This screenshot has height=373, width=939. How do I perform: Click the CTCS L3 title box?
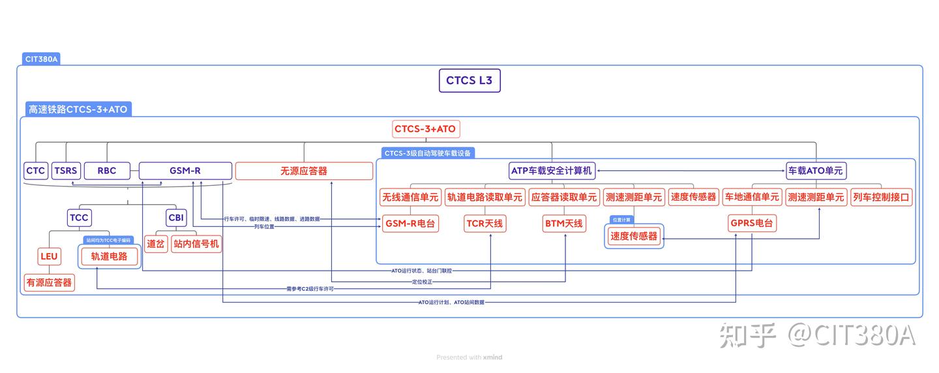tap(469, 81)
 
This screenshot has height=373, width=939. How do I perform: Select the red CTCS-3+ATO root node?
tap(426, 128)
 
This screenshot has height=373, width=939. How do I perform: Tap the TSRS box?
tap(65, 171)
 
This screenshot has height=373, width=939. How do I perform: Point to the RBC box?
tap(107, 171)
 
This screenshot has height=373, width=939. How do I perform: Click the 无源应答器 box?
tap(304, 171)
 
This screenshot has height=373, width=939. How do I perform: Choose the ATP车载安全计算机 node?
tap(551, 171)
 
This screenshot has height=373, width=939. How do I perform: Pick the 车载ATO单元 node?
tap(816, 171)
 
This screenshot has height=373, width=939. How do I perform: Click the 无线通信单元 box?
tap(411, 197)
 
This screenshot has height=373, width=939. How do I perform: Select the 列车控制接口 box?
tap(881, 197)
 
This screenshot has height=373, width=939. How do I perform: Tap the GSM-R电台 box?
tap(411, 224)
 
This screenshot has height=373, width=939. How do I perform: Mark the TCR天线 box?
tap(484, 224)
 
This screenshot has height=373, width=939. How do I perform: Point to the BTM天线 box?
tap(563, 224)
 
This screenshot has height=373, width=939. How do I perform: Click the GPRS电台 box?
tap(752, 224)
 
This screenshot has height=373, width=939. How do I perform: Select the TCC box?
tap(79, 217)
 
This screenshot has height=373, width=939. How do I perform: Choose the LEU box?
tap(50, 256)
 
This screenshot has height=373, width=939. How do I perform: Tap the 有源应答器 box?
tap(50, 282)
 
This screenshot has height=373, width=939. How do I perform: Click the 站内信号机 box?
tap(196, 244)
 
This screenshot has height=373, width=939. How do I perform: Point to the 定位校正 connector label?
tap(422, 282)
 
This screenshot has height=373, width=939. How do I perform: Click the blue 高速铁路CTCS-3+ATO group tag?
tap(78, 110)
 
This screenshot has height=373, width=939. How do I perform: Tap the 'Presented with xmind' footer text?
tap(469, 357)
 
